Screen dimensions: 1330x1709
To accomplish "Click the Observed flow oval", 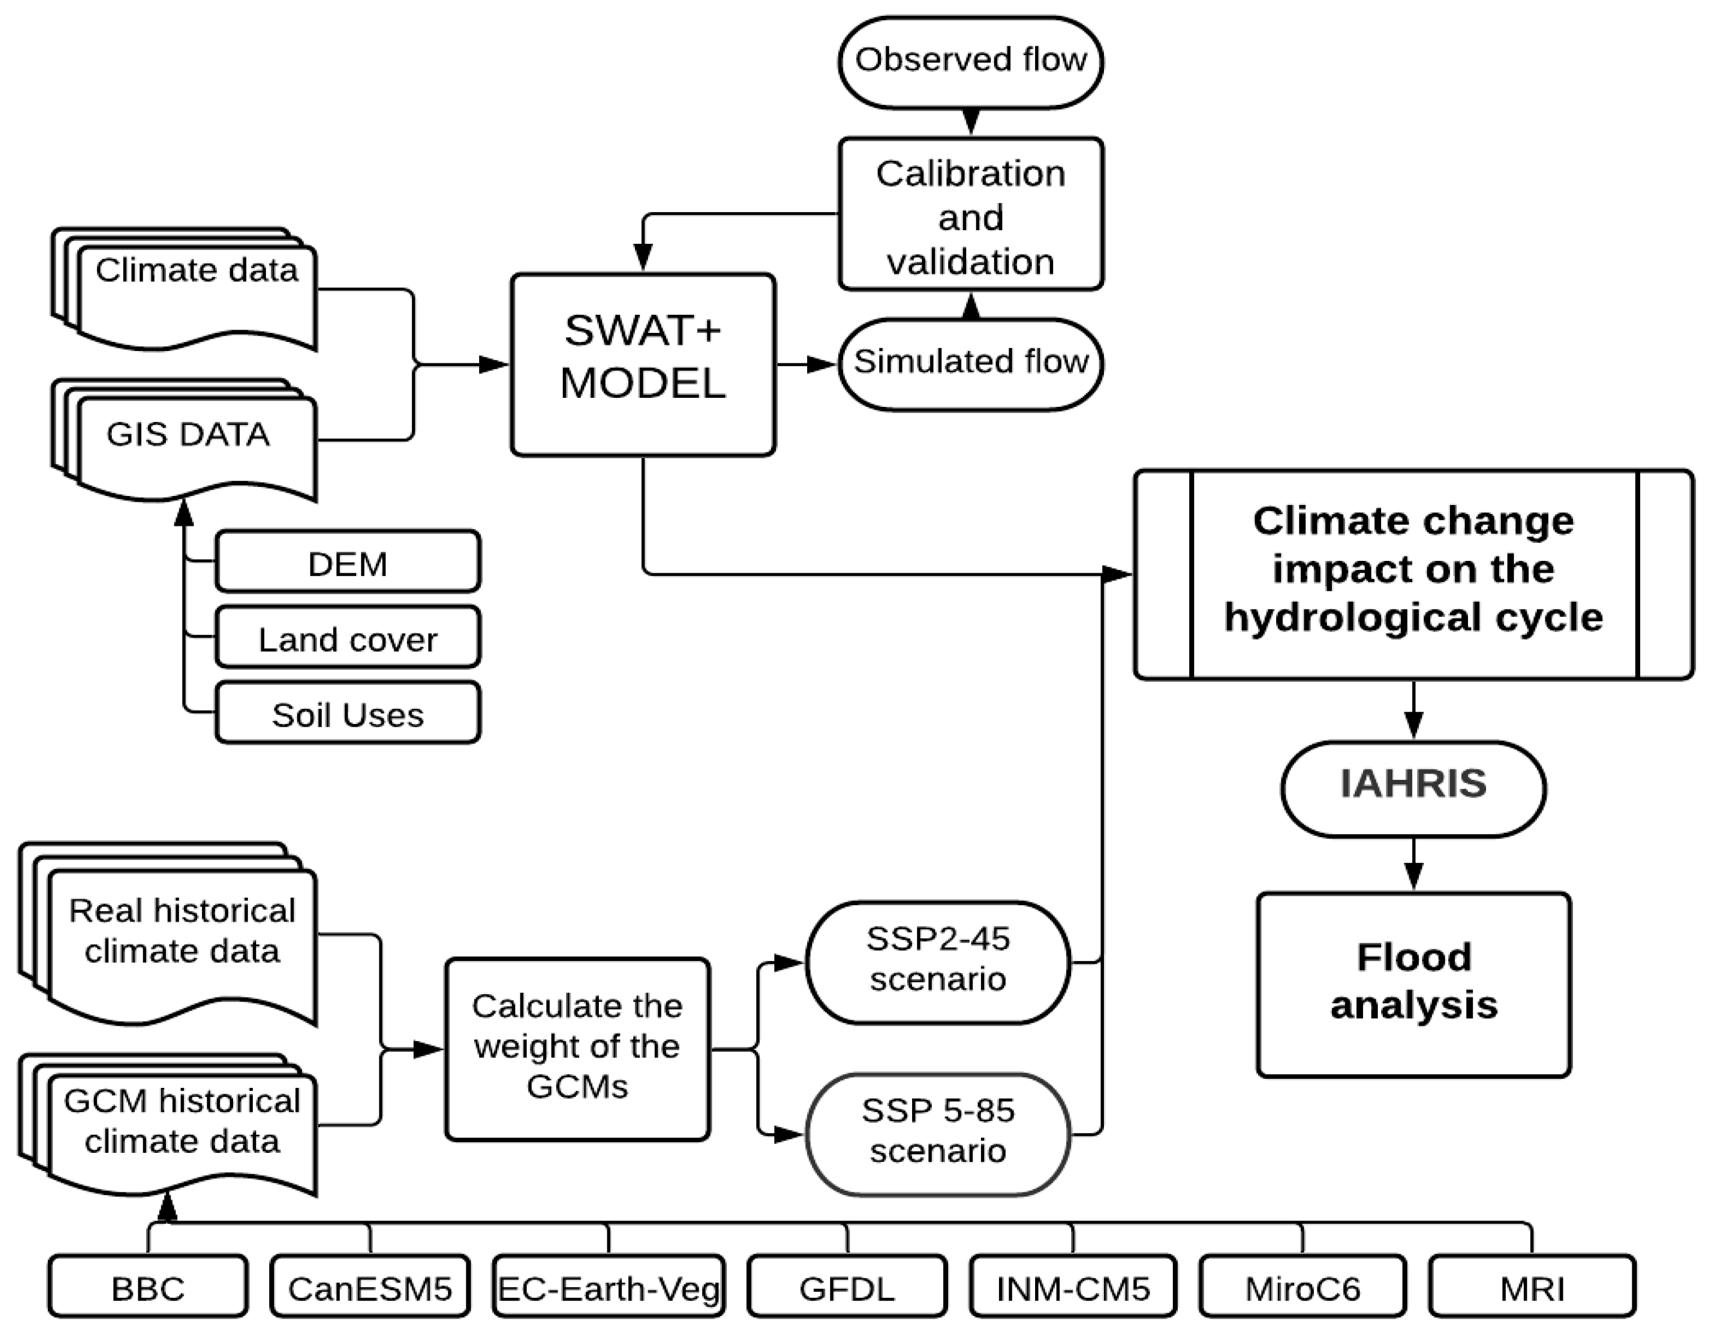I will click(x=970, y=61).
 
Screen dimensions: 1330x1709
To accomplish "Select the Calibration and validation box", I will click(x=970, y=215).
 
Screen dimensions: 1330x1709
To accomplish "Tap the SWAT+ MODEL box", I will click(x=642, y=365).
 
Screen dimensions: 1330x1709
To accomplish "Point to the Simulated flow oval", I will click(x=970, y=363).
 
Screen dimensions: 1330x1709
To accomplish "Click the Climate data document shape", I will click(x=196, y=293).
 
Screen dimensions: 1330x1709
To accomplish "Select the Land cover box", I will click(x=348, y=638).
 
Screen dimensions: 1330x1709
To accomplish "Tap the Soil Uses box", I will click(x=348, y=713).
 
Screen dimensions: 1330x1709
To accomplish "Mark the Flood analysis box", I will click(x=1413, y=984).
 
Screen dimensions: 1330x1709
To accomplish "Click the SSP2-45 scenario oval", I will click(x=937, y=962).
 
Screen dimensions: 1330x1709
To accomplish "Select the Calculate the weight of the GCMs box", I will click(x=577, y=1048).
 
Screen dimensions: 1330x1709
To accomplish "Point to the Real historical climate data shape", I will click(x=182, y=939).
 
